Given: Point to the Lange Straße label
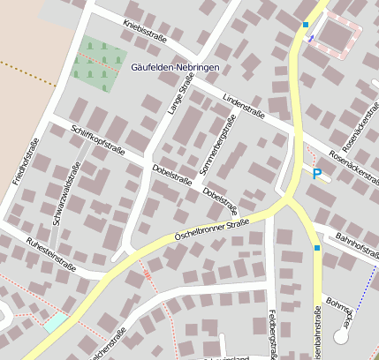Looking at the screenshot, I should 180,94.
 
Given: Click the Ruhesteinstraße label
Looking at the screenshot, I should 51,254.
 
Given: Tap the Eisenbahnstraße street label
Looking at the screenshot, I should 318,335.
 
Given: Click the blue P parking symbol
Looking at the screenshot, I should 316,174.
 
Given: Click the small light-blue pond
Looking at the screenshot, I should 55,323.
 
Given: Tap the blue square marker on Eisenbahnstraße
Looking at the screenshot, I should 317,248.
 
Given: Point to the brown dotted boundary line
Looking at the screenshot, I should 31,70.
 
